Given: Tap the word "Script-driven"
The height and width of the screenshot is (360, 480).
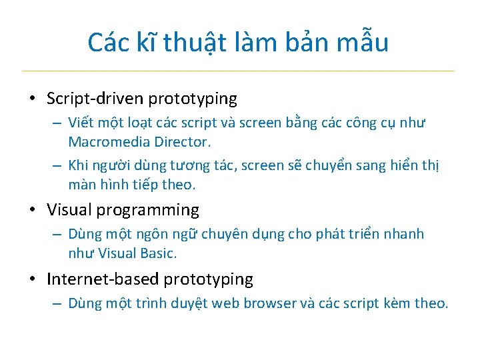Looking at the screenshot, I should (x=95, y=99).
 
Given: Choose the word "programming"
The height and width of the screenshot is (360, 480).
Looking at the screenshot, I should (x=147, y=210).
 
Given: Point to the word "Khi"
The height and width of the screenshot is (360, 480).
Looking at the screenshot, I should (x=79, y=165).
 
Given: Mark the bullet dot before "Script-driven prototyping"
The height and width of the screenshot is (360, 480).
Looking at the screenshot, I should (x=32, y=99).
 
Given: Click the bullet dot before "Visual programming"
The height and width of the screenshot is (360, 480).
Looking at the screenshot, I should (x=32, y=211).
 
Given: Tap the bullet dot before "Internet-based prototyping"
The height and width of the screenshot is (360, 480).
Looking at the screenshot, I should (x=32, y=280).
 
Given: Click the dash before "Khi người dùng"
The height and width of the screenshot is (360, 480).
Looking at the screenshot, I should (x=57, y=166).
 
